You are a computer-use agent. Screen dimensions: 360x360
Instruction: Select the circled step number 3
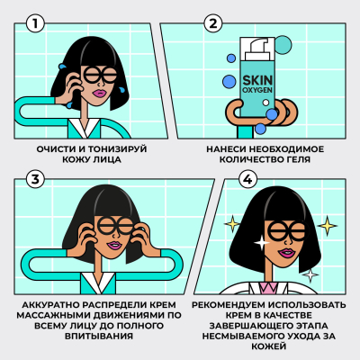click(x=33, y=180)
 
